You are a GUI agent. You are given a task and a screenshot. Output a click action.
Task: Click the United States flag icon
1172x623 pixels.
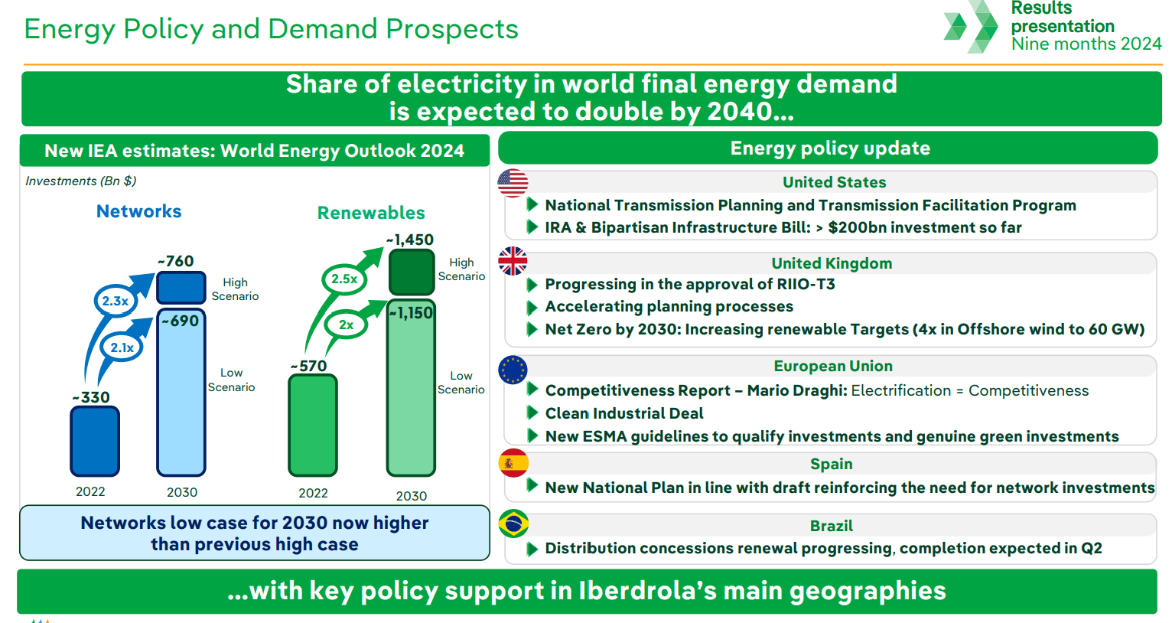(x=513, y=184)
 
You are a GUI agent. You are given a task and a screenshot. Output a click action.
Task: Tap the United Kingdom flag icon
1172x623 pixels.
(x=513, y=261)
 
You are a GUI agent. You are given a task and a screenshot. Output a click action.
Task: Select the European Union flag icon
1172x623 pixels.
(x=513, y=370)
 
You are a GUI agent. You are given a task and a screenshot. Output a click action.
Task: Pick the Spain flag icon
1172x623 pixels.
(x=513, y=463)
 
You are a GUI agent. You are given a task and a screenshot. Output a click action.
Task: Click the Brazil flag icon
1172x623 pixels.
(x=513, y=524)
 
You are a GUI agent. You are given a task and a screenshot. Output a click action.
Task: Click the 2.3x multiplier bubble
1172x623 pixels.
(x=116, y=301)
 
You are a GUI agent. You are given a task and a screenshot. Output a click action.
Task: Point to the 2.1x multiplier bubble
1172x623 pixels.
(x=122, y=347)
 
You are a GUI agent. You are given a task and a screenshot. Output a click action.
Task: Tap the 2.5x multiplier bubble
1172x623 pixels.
(x=343, y=279)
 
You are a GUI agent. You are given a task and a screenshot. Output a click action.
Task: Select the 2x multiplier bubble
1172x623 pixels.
(x=346, y=325)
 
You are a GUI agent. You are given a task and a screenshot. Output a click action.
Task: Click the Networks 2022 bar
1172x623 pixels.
(x=95, y=442)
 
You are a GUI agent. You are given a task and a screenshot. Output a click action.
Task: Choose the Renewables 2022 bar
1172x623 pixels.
(x=313, y=425)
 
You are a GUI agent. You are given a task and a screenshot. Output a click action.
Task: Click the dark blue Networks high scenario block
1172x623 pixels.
(x=181, y=288)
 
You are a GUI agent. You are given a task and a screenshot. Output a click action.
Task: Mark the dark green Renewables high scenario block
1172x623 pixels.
(x=412, y=272)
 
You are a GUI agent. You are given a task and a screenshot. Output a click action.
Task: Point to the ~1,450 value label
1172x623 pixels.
(x=410, y=240)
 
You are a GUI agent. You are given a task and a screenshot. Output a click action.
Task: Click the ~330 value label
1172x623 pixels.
(x=91, y=397)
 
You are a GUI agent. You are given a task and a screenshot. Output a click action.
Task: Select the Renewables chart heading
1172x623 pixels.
(x=371, y=213)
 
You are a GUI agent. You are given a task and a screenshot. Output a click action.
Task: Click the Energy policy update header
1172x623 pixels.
(x=829, y=148)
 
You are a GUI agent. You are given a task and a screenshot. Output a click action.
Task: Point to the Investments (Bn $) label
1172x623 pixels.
(x=81, y=181)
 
